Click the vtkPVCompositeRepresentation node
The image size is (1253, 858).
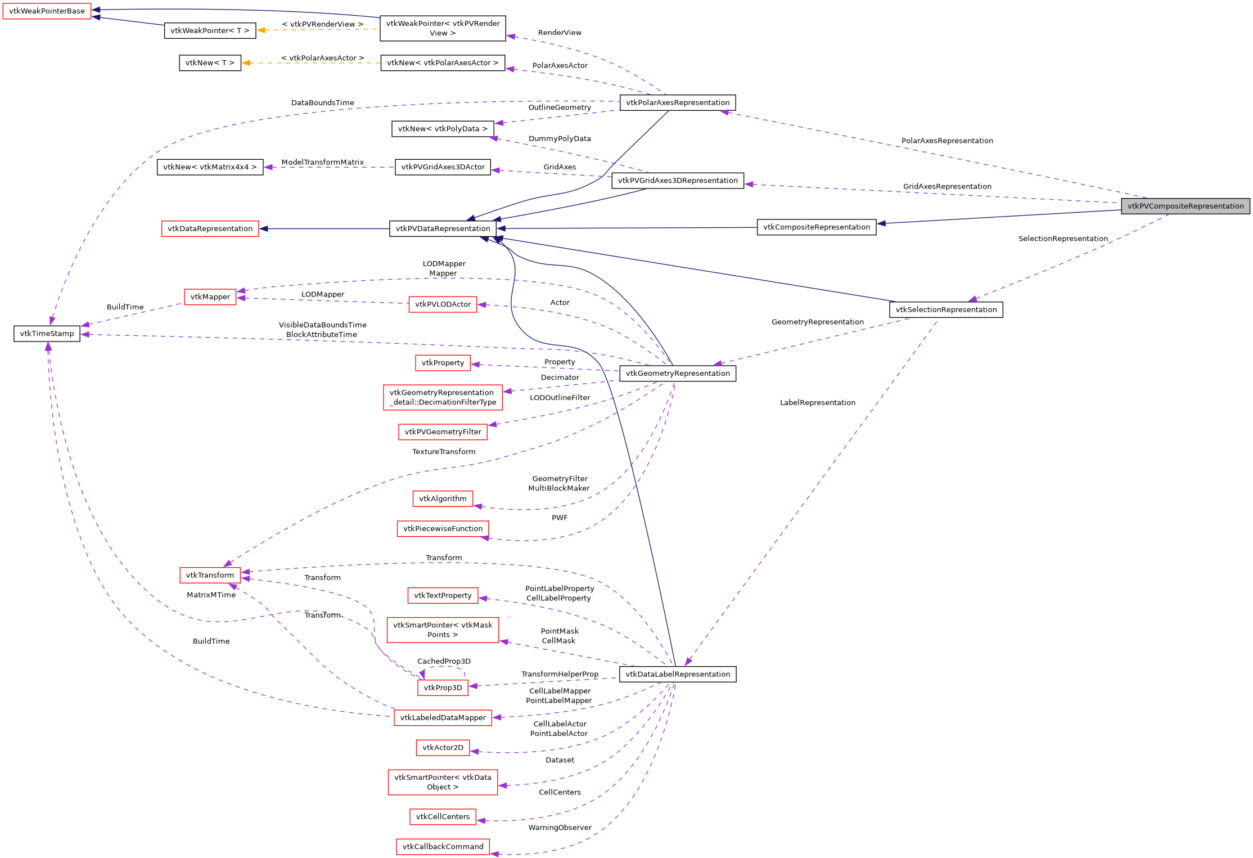click(1185, 206)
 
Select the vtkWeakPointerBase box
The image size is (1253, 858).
click(47, 11)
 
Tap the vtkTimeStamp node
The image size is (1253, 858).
click(47, 334)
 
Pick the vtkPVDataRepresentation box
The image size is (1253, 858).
click(443, 228)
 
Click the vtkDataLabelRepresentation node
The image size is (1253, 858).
click(677, 674)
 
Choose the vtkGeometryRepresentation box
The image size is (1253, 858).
click(677, 373)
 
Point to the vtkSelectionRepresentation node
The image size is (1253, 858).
click(945, 309)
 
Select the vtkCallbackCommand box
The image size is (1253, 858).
click(443, 846)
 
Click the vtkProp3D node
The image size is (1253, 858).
click(443, 688)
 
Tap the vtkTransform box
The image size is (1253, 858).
click(210, 575)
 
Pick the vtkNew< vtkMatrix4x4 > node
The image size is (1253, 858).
click(210, 167)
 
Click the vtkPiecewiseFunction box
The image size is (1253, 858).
click(443, 528)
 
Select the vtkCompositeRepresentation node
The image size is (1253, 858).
click(816, 227)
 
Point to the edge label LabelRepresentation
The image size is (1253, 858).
click(817, 403)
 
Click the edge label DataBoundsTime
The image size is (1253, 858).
click(322, 103)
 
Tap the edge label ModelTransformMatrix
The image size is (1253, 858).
click(322, 163)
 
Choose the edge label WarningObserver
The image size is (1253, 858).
click(560, 828)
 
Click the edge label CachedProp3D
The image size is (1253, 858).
click(444, 661)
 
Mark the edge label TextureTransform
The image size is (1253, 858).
click(444, 452)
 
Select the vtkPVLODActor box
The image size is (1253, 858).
click(443, 304)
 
